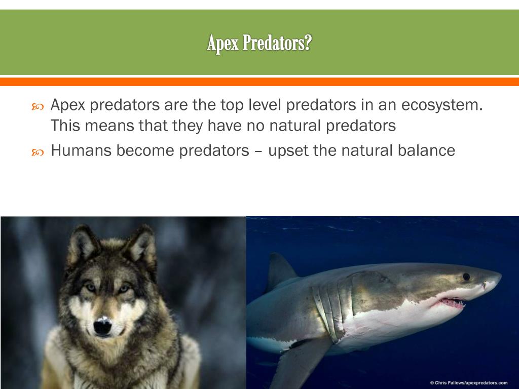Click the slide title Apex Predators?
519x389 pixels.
click(259, 44)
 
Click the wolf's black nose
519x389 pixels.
click(102, 326)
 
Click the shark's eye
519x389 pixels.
click(466, 277)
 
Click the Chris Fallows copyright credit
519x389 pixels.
click(468, 383)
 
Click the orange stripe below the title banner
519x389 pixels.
click(259, 82)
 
